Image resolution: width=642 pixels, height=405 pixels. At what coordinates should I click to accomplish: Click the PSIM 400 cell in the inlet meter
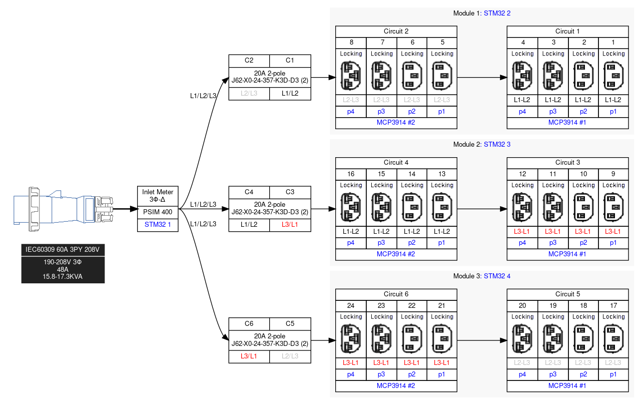pyautogui.click(x=158, y=212)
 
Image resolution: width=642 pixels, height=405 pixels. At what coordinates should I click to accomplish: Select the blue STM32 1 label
pyautogui.click(x=158, y=225)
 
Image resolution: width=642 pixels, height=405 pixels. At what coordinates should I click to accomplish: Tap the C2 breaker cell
pyautogui.click(x=249, y=61)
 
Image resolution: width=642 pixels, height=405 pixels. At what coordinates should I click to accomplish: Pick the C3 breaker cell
pyautogui.click(x=290, y=192)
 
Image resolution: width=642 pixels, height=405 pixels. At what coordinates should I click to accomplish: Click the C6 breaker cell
pyautogui.click(x=249, y=323)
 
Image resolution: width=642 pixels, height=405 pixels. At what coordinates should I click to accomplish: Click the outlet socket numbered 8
pyautogui.click(x=351, y=75)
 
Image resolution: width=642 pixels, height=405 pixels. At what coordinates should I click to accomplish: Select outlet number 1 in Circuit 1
pyautogui.click(x=613, y=75)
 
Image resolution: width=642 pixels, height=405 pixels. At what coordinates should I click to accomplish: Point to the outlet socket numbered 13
pyautogui.click(x=442, y=206)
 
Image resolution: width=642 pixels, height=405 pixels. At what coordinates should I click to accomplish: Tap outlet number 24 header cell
pyautogui.click(x=351, y=305)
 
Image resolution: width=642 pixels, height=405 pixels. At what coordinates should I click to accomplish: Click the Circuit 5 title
pyautogui.click(x=567, y=294)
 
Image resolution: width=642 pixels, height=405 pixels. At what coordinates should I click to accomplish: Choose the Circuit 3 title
pyautogui.click(x=567, y=163)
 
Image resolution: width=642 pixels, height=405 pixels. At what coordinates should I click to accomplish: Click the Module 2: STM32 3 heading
pyautogui.click(x=481, y=145)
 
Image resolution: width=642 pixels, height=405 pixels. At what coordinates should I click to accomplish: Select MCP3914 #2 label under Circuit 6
pyautogui.click(x=396, y=386)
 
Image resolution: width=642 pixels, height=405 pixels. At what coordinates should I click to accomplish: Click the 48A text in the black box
pyautogui.click(x=63, y=269)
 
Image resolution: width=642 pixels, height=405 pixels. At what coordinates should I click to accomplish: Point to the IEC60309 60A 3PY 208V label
pyautogui.click(x=63, y=249)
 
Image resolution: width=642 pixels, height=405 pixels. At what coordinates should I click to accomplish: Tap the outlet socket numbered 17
pyautogui.click(x=613, y=338)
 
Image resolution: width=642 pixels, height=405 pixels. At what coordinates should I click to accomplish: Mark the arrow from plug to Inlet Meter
pyautogui.click(x=125, y=209)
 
